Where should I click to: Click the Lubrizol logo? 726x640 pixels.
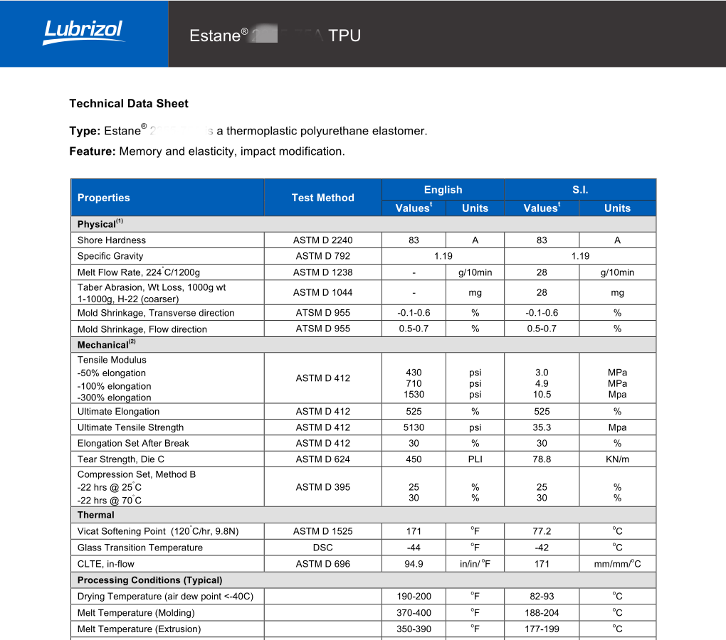(x=83, y=32)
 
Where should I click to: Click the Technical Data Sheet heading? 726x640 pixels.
(x=129, y=104)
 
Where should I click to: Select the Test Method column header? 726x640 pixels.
(x=322, y=198)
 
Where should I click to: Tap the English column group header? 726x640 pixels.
(x=443, y=190)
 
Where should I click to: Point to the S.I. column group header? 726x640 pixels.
(x=580, y=190)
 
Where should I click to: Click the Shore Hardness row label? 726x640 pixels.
(x=112, y=240)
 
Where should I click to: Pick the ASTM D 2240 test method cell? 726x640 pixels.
(x=322, y=240)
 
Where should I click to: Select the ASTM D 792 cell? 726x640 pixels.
(x=322, y=256)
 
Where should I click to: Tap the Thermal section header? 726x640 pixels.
(x=96, y=515)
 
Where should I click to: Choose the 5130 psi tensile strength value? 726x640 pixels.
(x=414, y=427)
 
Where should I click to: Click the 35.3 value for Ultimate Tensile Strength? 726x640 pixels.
(x=542, y=427)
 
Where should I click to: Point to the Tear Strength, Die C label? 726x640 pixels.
(x=121, y=459)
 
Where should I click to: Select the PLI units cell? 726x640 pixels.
(x=475, y=459)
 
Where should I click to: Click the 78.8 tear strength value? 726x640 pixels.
(x=542, y=459)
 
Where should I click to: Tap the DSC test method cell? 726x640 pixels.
(x=322, y=548)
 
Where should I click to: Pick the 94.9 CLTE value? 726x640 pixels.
(x=414, y=564)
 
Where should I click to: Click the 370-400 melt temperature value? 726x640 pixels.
(x=414, y=613)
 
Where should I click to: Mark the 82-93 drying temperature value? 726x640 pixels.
(x=542, y=597)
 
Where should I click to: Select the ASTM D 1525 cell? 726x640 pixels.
(x=322, y=531)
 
